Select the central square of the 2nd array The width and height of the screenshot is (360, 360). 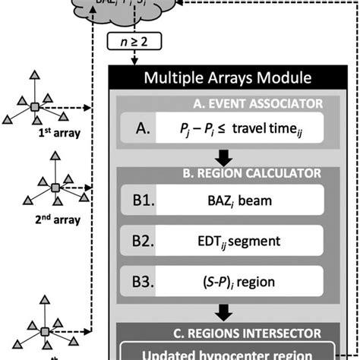(55, 187)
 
